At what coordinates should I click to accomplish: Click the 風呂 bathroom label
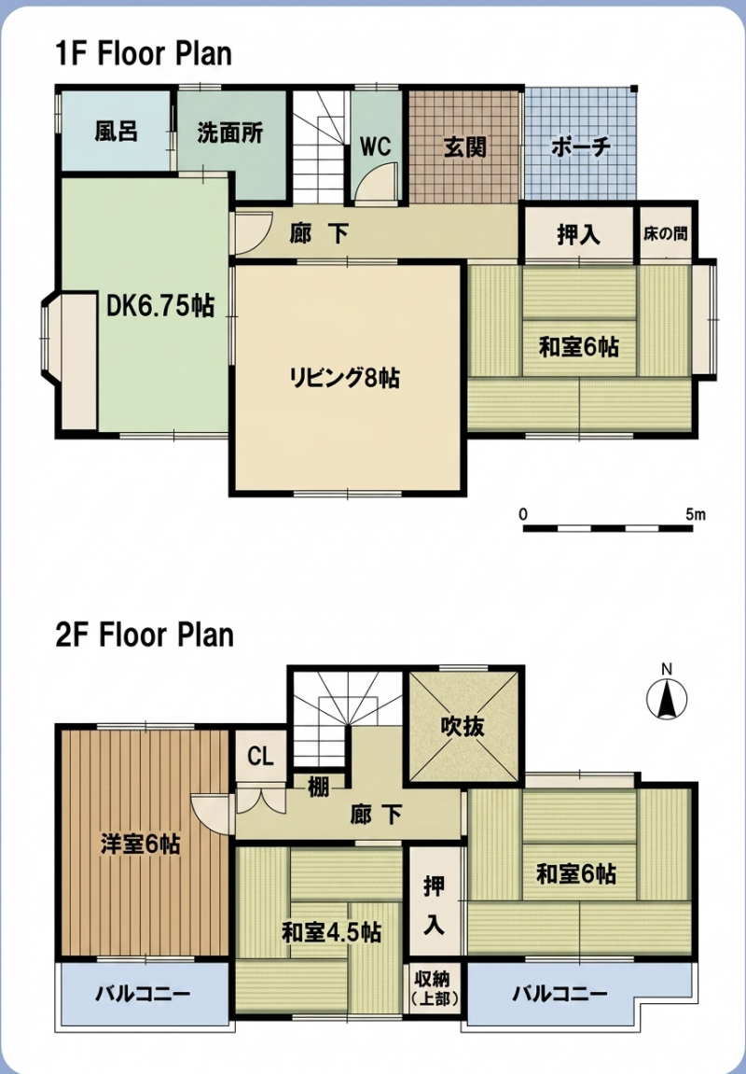pyautogui.click(x=117, y=131)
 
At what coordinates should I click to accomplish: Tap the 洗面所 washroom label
pyautogui.click(x=230, y=133)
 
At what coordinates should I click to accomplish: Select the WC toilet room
pyautogui.click(x=375, y=146)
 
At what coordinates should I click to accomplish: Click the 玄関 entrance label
pyautogui.click(x=464, y=146)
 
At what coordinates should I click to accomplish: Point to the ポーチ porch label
pyautogui.click(x=580, y=146)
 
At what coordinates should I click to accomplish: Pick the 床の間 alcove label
pyautogui.click(x=665, y=233)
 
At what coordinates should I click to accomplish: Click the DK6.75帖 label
pyautogui.click(x=160, y=306)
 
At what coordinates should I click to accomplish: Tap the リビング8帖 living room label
pyautogui.click(x=345, y=377)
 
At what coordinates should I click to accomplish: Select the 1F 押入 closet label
pyautogui.click(x=578, y=235)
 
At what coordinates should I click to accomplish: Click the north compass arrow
pyautogui.click(x=668, y=699)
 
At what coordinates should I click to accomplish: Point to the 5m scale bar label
pyautogui.click(x=696, y=514)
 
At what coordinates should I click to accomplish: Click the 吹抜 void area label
pyautogui.click(x=462, y=726)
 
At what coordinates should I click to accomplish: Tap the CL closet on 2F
pyautogui.click(x=260, y=757)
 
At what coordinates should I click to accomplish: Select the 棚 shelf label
pyautogui.click(x=318, y=788)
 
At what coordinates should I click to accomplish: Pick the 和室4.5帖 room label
pyautogui.click(x=332, y=932)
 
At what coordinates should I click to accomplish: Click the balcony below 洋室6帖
pyautogui.click(x=143, y=993)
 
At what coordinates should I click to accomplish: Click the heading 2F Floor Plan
pyautogui.click(x=145, y=635)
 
